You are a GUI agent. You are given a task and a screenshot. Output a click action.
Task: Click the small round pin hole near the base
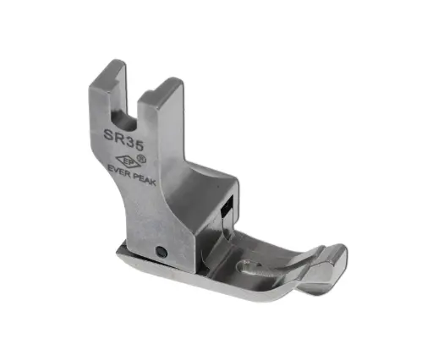click(160, 249)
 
